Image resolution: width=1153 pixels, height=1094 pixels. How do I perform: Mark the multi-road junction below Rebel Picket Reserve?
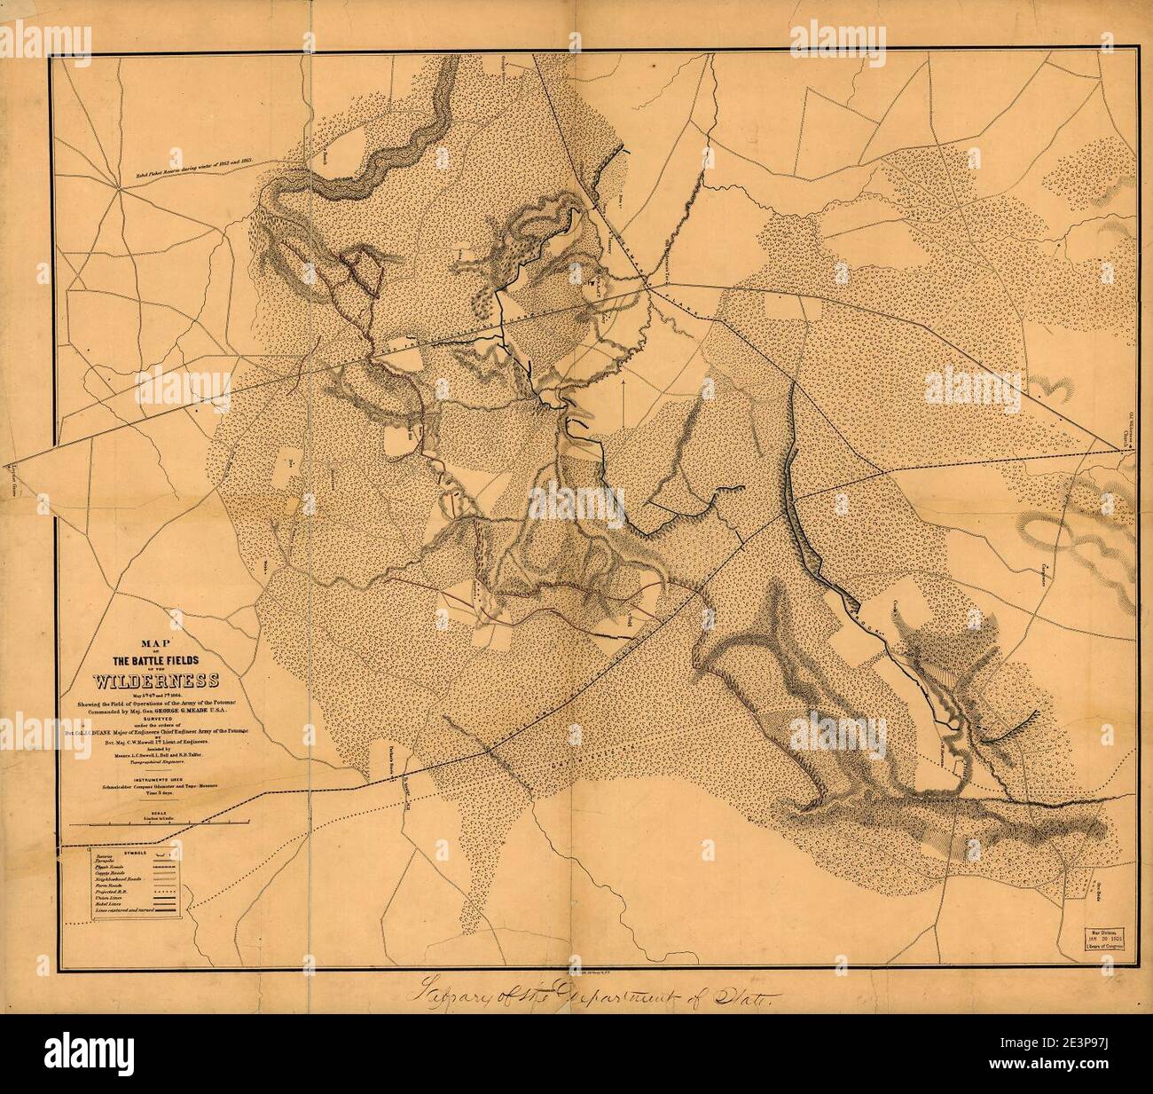point(119,189)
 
